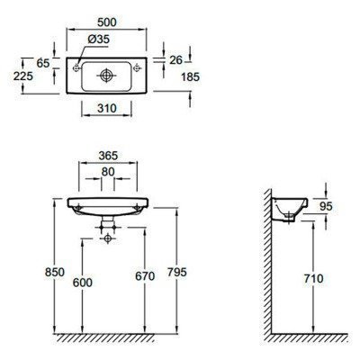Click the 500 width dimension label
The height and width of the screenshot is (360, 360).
point(107,22)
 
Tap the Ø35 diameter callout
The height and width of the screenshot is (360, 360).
point(99,40)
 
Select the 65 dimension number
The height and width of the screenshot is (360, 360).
point(42,63)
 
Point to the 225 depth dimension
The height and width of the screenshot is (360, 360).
point(23,76)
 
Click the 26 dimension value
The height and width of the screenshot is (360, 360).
point(175,60)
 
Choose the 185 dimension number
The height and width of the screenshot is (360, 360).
point(190,77)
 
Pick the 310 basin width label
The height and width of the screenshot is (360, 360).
point(107,108)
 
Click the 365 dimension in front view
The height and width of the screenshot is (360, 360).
point(108,156)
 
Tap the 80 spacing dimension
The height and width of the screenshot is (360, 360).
point(108,172)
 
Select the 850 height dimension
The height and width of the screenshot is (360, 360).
point(55,272)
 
